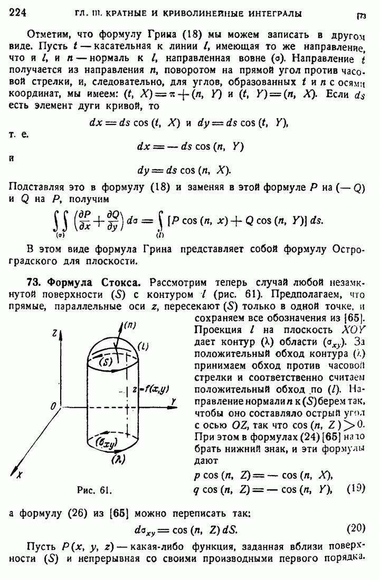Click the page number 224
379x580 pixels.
[18, 12]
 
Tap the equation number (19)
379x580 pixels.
[356, 488]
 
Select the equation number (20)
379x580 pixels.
[356, 528]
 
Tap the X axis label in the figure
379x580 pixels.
[19, 474]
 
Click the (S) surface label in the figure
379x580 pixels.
[107, 362]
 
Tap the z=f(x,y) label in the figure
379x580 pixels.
[152, 389]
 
